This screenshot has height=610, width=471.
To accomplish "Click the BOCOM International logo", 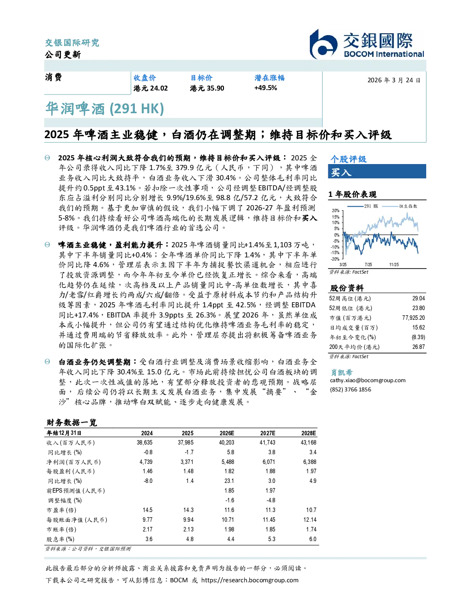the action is coord(367,44).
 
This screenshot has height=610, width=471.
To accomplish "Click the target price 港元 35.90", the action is coord(207,88).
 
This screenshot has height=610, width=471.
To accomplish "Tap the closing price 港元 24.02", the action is coord(151,88).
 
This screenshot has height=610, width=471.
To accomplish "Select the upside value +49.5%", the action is coord(266,88).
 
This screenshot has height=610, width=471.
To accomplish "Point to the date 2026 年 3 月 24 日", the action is coord(394,80).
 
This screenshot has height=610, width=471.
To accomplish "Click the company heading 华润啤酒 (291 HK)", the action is coord(105,109).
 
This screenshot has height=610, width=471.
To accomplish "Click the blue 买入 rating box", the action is coord(377,171).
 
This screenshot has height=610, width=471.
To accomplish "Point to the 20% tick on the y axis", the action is coord(336,211).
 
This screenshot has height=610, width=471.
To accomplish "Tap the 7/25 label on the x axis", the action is coord(368,264).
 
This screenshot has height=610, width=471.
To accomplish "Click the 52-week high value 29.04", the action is coord(418,298).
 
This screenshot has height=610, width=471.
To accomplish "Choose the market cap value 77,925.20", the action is coord(413,317).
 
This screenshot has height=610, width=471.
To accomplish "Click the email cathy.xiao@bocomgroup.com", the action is coord(368,380).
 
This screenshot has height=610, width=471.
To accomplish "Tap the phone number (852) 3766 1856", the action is coord(350,390).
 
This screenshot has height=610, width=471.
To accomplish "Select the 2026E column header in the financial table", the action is coord(227,433).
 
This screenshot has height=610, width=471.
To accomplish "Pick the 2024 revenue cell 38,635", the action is coord(145,443).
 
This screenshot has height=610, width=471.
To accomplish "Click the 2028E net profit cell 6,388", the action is coord(310,462).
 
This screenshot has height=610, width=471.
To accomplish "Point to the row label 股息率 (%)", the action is coord(60,539).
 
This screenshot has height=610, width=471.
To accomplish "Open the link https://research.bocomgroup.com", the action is coord(250,580).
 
